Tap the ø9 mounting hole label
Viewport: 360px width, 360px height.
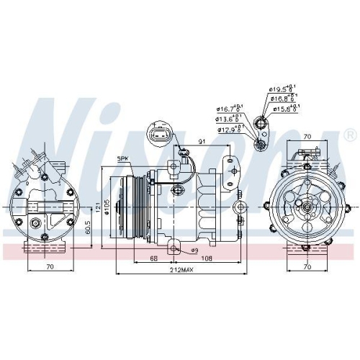tap(194, 250)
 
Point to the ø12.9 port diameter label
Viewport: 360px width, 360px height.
tap(229, 130)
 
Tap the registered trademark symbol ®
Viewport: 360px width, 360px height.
tap(349, 135)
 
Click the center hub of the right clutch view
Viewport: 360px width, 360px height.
tap(308, 207)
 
